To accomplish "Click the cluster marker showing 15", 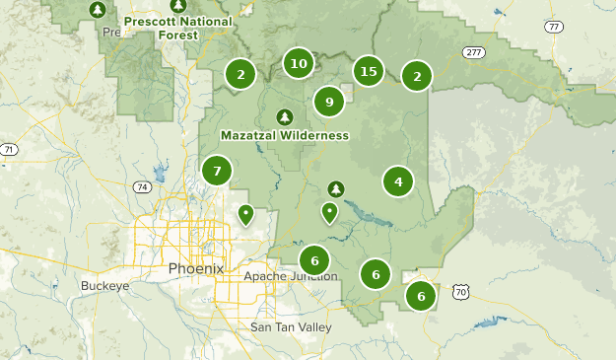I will (369, 71).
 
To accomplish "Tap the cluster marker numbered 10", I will (299, 64).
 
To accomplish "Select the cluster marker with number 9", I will (329, 101).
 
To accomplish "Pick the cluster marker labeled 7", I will (217, 171).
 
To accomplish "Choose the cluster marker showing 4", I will (398, 181).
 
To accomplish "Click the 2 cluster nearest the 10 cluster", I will (240, 73).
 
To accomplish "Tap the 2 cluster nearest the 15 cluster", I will (417, 76).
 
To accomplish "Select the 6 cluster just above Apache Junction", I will (313, 261).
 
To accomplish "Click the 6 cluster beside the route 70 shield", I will (421, 295).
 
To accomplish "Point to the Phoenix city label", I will (196, 268).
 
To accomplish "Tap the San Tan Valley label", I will (292, 326).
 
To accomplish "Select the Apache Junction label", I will (291, 276).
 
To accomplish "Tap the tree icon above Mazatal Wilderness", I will (285, 116).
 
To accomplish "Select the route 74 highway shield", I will (143, 186).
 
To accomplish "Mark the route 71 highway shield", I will (8, 150).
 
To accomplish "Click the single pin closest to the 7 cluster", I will (245, 213).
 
